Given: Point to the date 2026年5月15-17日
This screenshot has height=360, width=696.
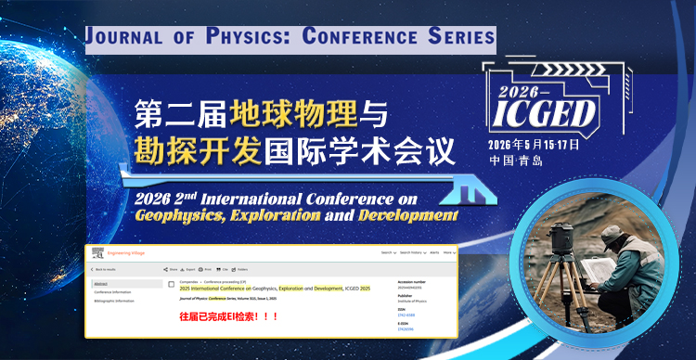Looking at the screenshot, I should (x=534, y=145).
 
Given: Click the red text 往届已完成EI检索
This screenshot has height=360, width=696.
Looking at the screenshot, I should (x=228, y=317).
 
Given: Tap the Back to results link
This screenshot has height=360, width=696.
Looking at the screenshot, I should (x=109, y=269).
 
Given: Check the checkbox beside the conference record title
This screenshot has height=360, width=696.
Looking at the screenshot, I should (x=171, y=284).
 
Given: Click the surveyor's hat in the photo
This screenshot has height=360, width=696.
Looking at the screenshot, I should (x=612, y=237).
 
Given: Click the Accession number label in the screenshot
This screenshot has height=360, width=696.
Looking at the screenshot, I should (x=415, y=280).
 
